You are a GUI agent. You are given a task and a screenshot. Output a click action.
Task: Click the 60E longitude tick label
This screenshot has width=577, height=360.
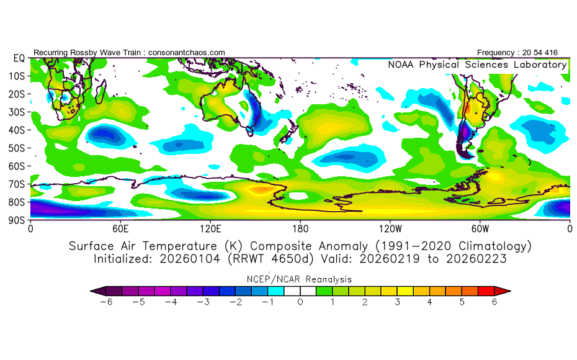click(120, 228)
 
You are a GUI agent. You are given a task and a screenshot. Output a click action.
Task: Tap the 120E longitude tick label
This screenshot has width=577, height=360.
click(210, 228)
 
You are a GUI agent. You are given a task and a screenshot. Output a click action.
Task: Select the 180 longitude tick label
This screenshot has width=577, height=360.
click(300, 228)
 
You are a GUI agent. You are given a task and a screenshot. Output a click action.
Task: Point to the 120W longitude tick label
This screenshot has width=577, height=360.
click(390, 228)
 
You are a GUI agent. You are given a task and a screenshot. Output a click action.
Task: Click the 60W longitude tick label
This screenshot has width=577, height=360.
click(480, 228)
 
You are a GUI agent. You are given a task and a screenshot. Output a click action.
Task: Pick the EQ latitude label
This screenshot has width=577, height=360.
click(19, 58)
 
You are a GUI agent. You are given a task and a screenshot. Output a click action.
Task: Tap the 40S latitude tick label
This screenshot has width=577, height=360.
click(17, 130)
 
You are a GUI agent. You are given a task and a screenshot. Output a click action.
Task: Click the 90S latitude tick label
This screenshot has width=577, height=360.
click(17, 220)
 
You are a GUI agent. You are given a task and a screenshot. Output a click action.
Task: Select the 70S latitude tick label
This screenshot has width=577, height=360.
click(17, 184)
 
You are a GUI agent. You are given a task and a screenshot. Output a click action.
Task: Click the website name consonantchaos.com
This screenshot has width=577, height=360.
click(186, 53)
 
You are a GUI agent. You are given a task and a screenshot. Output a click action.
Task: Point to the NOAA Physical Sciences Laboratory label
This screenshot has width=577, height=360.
click(477, 65)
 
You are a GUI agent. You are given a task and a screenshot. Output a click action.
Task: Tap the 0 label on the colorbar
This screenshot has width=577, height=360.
click(300, 302)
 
